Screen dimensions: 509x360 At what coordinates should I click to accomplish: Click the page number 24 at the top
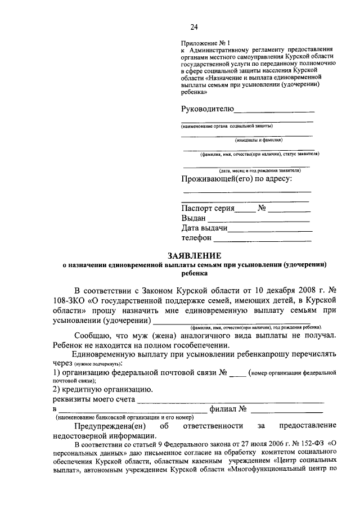195,26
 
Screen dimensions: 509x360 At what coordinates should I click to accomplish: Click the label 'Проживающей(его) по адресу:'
237,179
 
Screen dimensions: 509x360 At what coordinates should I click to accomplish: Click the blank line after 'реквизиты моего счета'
231,402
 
